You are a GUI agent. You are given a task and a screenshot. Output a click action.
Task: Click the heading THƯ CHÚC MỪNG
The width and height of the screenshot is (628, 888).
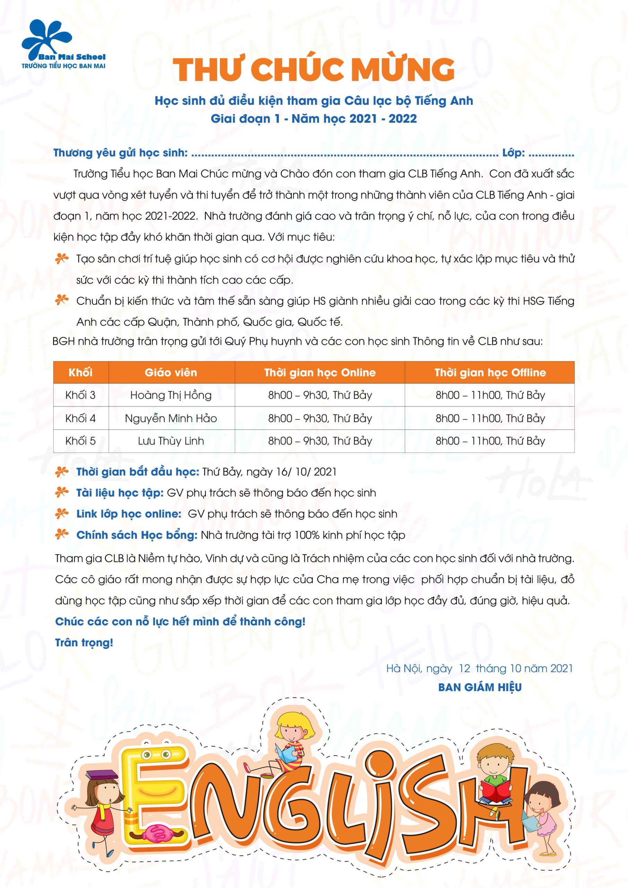(x=313, y=69)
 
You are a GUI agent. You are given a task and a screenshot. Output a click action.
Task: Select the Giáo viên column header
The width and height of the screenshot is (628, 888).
(x=171, y=373)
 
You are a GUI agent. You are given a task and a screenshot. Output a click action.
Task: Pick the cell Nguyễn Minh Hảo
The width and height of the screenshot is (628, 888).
(x=171, y=418)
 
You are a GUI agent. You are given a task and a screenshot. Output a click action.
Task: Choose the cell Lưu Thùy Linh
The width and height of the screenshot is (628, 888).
(x=171, y=441)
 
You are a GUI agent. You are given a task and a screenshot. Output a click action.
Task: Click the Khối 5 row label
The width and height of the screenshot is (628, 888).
(x=80, y=441)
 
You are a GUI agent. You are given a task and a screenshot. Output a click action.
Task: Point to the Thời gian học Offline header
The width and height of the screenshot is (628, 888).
(x=490, y=373)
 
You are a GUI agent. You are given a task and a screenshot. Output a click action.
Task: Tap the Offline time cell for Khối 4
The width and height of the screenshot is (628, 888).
(x=490, y=418)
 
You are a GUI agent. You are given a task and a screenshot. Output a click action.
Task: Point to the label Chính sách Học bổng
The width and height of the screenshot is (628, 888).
(x=137, y=535)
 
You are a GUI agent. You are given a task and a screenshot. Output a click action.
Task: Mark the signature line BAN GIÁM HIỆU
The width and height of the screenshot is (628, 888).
(x=480, y=687)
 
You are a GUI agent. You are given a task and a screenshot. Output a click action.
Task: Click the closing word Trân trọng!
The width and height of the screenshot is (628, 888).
(x=84, y=642)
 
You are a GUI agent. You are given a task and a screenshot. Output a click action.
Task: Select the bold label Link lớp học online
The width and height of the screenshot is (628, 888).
(x=129, y=514)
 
